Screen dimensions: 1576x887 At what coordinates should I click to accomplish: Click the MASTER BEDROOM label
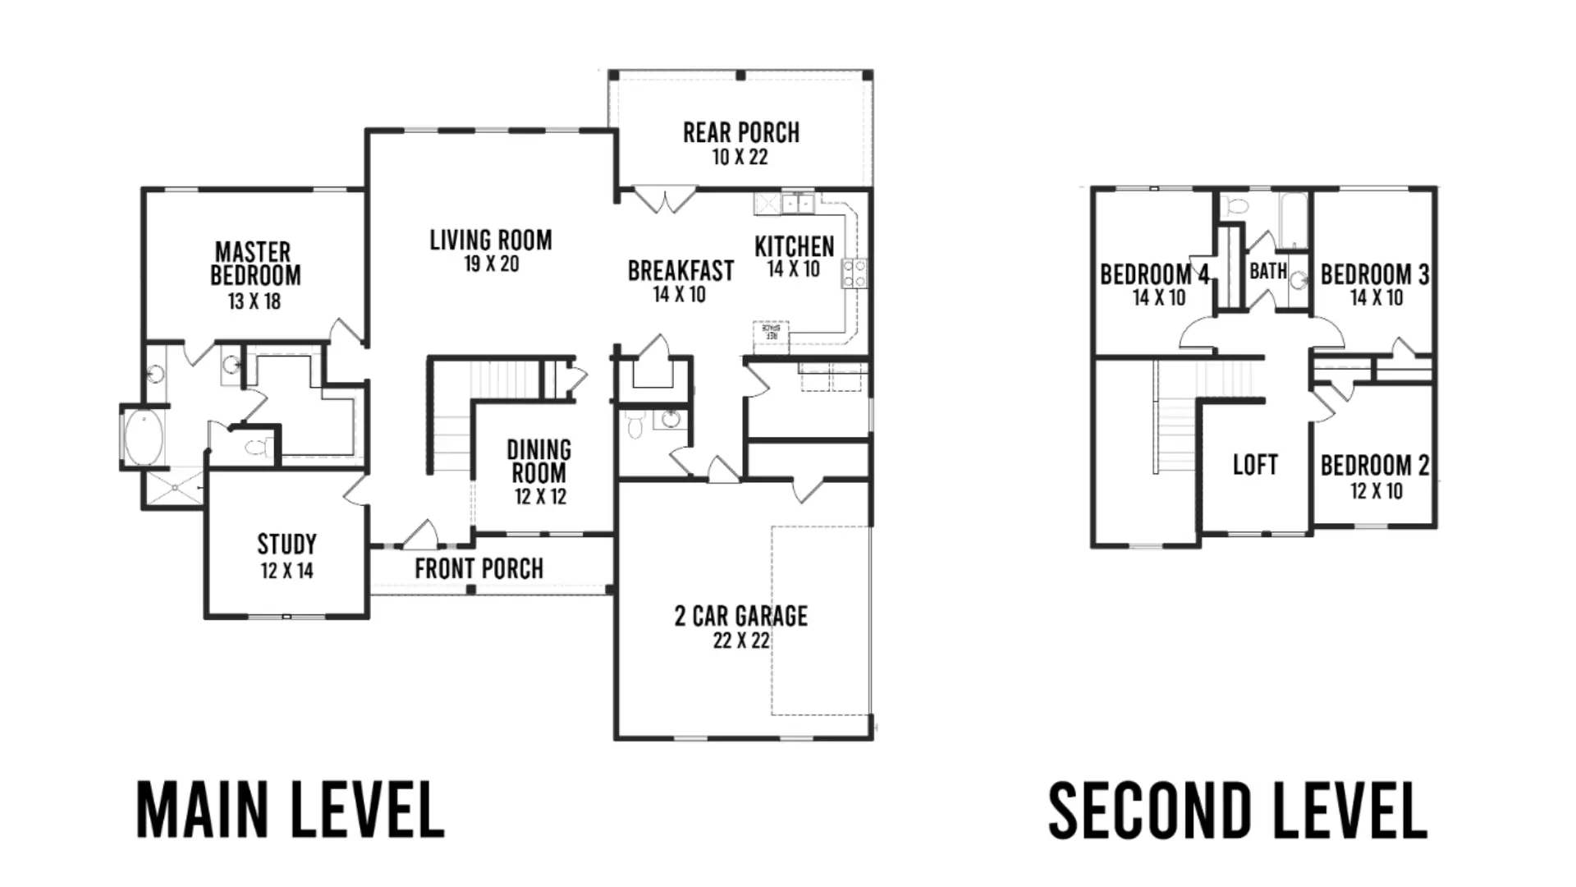pos(255,264)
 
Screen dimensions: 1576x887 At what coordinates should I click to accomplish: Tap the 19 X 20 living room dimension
pos(491,264)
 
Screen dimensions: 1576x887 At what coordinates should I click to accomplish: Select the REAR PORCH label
pos(741,132)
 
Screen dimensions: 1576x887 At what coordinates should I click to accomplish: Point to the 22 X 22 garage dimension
pos(741,641)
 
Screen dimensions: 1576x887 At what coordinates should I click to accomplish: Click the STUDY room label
pos(286,544)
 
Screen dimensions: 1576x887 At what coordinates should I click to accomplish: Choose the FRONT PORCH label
pos(479,568)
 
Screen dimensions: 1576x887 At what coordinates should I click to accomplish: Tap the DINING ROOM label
pos(539,462)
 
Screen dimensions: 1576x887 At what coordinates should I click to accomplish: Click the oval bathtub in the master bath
pos(144,438)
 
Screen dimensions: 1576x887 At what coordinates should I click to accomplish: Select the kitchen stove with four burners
pos(854,273)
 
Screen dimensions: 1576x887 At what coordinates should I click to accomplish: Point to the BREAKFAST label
pos(680,271)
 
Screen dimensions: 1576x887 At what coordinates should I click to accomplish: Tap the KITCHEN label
pos(794,246)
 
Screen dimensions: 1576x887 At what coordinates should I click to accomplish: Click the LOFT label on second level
pos(1255,465)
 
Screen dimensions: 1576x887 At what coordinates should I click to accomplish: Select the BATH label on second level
pos(1268,271)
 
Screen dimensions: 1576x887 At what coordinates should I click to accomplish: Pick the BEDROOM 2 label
pos(1375,466)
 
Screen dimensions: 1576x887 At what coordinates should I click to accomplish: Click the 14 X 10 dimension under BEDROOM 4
pos(1159,298)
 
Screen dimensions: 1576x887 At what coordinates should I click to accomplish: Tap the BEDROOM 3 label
pos(1375,274)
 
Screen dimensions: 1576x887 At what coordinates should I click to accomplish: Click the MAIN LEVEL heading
pos(291,810)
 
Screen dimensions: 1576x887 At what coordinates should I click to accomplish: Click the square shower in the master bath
pos(175,489)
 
